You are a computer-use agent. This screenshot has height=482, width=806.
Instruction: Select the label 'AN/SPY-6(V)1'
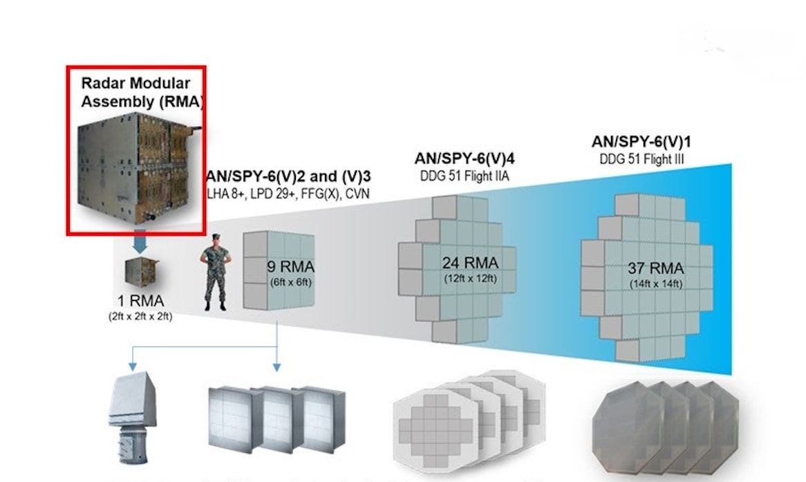(x=642, y=142)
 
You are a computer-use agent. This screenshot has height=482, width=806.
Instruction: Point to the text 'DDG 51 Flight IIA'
(x=465, y=176)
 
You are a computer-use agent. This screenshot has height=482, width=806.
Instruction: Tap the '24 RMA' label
(x=470, y=263)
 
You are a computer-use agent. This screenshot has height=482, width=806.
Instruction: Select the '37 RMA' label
(x=655, y=268)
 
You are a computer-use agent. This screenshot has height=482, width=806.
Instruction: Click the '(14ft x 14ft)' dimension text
(x=655, y=284)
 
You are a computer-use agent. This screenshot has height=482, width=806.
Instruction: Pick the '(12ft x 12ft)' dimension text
(x=470, y=279)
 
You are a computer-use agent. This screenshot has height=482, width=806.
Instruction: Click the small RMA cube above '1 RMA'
(x=140, y=272)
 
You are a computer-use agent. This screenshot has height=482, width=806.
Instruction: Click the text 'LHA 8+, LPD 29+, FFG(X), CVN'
(x=288, y=194)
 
